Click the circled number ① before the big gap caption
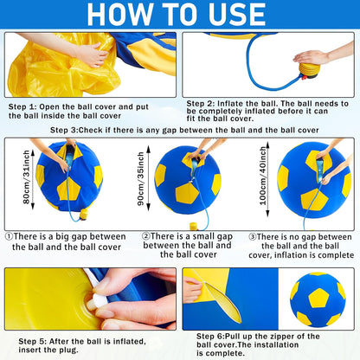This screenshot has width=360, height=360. [x=10, y=235]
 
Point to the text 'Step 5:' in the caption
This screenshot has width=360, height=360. [x=23, y=340]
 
